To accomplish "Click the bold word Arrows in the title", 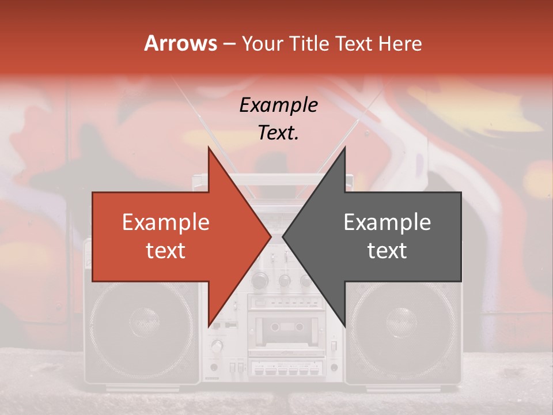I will (180, 43).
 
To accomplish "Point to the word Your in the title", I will (262, 44).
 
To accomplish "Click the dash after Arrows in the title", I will (229, 44).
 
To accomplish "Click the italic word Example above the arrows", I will (278, 105).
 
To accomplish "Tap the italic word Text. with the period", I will (278, 133).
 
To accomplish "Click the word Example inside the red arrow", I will (166, 222).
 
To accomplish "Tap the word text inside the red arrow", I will (166, 251).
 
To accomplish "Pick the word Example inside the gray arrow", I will (387, 222).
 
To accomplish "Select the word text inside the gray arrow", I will (387, 251).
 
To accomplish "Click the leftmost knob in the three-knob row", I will (260, 281).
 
